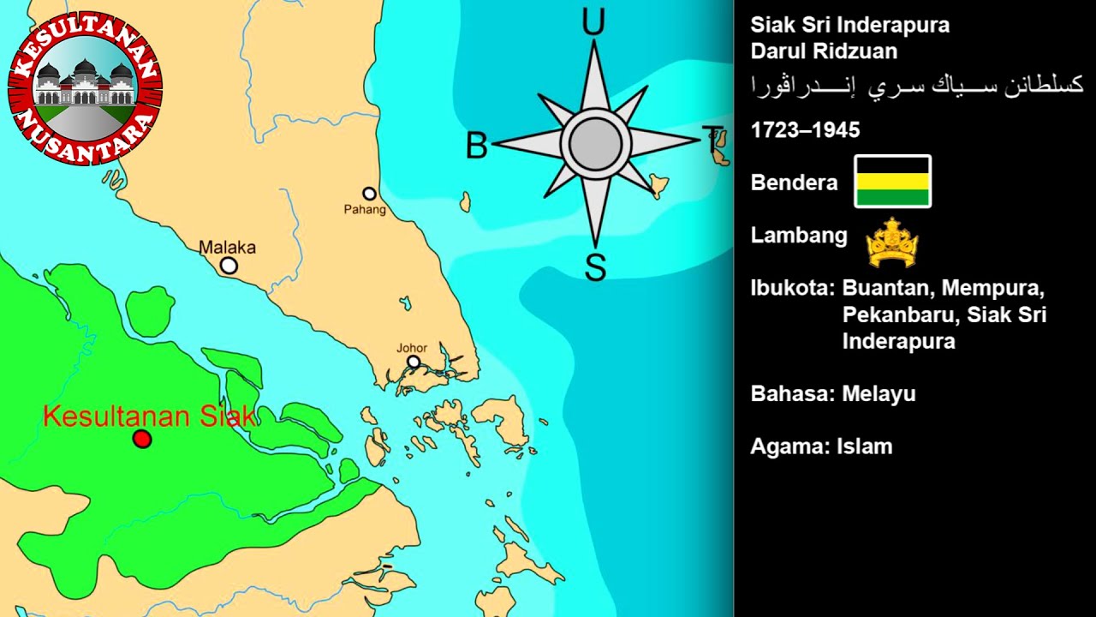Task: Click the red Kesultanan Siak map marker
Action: click(x=142, y=440)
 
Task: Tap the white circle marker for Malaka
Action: click(x=229, y=266)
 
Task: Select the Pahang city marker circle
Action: click(x=369, y=194)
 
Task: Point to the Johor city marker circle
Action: click(x=414, y=362)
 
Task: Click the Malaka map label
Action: click(x=227, y=248)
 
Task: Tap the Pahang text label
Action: click(x=365, y=210)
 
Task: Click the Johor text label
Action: click(x=412, y=348)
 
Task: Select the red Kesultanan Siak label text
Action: click(x=149, y=417)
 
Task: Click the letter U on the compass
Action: click(x=593, y=23)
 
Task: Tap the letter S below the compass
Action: click(x=595, y=267)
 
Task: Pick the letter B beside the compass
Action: click(x=476, y=147)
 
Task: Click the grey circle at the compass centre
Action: click(x=595, y=144)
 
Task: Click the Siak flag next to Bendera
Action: click(x=892, y=181)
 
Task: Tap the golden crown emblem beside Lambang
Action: click(x=891, y=243)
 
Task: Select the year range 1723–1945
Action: click(x=805, y=130)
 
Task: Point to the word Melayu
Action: click(x=879, y=394)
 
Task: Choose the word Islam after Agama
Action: click(x=864, y=446)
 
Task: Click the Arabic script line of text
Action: click(x=917, y=85)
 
